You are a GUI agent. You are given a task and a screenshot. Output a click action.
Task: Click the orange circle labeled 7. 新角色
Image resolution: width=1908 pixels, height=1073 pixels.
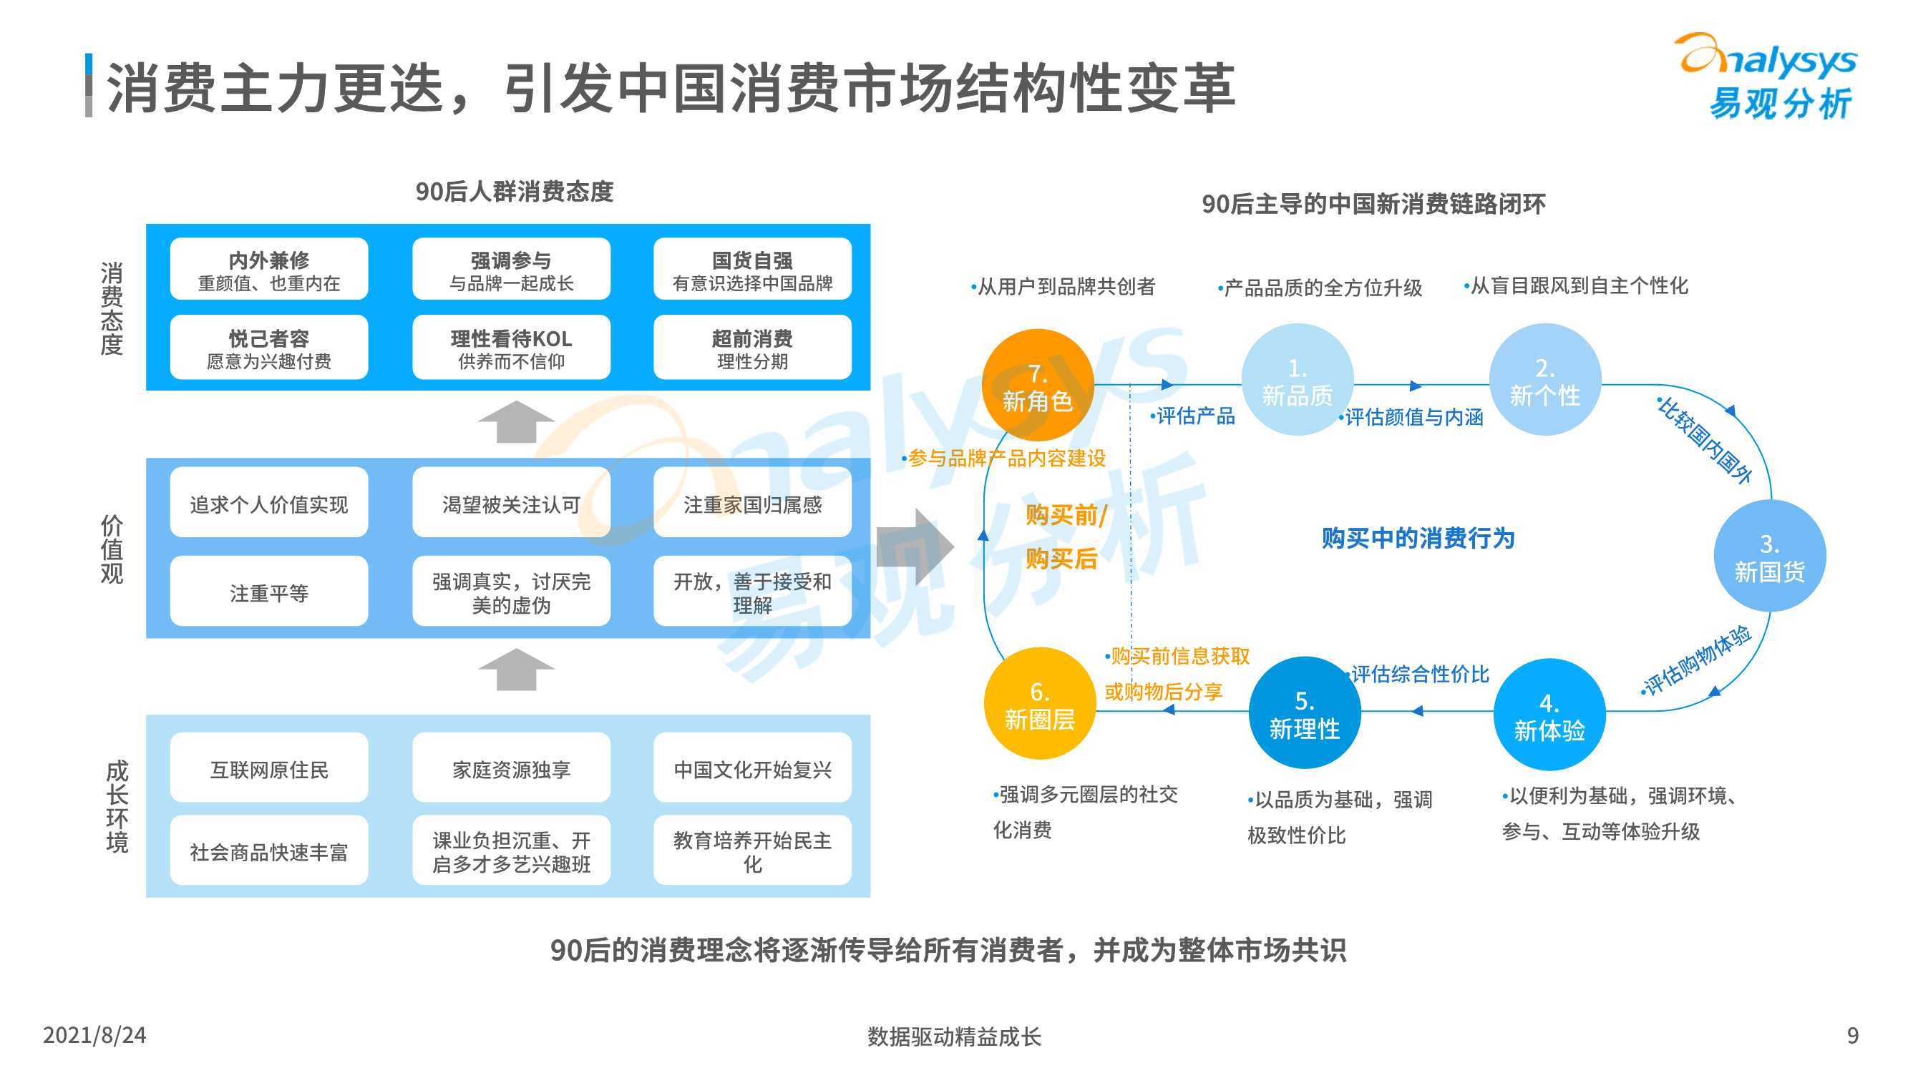pyautogui.click(x=1038, y=385)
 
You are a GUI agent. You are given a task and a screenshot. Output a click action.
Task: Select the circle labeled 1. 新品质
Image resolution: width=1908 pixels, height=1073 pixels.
pyautogui.click(x=1297, y=380)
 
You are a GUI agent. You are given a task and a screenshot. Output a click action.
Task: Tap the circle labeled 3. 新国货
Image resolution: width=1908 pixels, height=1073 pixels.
pyautogui.click(x=1769, y=555)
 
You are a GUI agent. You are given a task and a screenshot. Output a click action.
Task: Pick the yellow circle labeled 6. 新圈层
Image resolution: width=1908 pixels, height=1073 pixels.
pyautogui.click(x=1039, y=703)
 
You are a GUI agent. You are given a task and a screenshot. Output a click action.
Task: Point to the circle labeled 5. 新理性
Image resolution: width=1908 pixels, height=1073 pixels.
pyautogui.click(x=1305, y=712)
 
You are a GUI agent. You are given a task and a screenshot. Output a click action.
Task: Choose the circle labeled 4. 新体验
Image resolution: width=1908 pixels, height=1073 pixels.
pyautogui.click(x=1549, y=715)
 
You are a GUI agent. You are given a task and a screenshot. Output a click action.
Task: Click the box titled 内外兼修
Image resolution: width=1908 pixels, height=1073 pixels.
pyautogui.click(x=269, y=269)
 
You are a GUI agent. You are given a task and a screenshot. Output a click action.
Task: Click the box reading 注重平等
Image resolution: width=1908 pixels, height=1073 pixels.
pyautogui.click(x=269, y=591)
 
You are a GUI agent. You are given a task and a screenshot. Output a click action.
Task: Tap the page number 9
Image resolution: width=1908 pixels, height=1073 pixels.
pyautogui.click(x=1852, y=1035)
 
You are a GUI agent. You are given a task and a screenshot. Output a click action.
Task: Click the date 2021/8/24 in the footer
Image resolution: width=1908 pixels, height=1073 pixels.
pyautogui.click(x=94, y=1035)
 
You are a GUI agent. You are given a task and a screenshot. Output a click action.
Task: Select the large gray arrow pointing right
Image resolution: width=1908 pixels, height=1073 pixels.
pyautogui.click(x=915, y=547)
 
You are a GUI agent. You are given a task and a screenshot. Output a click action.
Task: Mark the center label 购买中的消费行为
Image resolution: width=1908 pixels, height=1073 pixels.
pyautogui.click(x=1418, y=539)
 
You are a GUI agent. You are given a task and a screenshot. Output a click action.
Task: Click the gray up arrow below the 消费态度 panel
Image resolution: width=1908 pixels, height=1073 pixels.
pyautogui.click(x=515, y=422)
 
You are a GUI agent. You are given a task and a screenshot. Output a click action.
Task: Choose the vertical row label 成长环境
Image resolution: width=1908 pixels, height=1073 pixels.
pyautogui.click(x=116, y=805)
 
